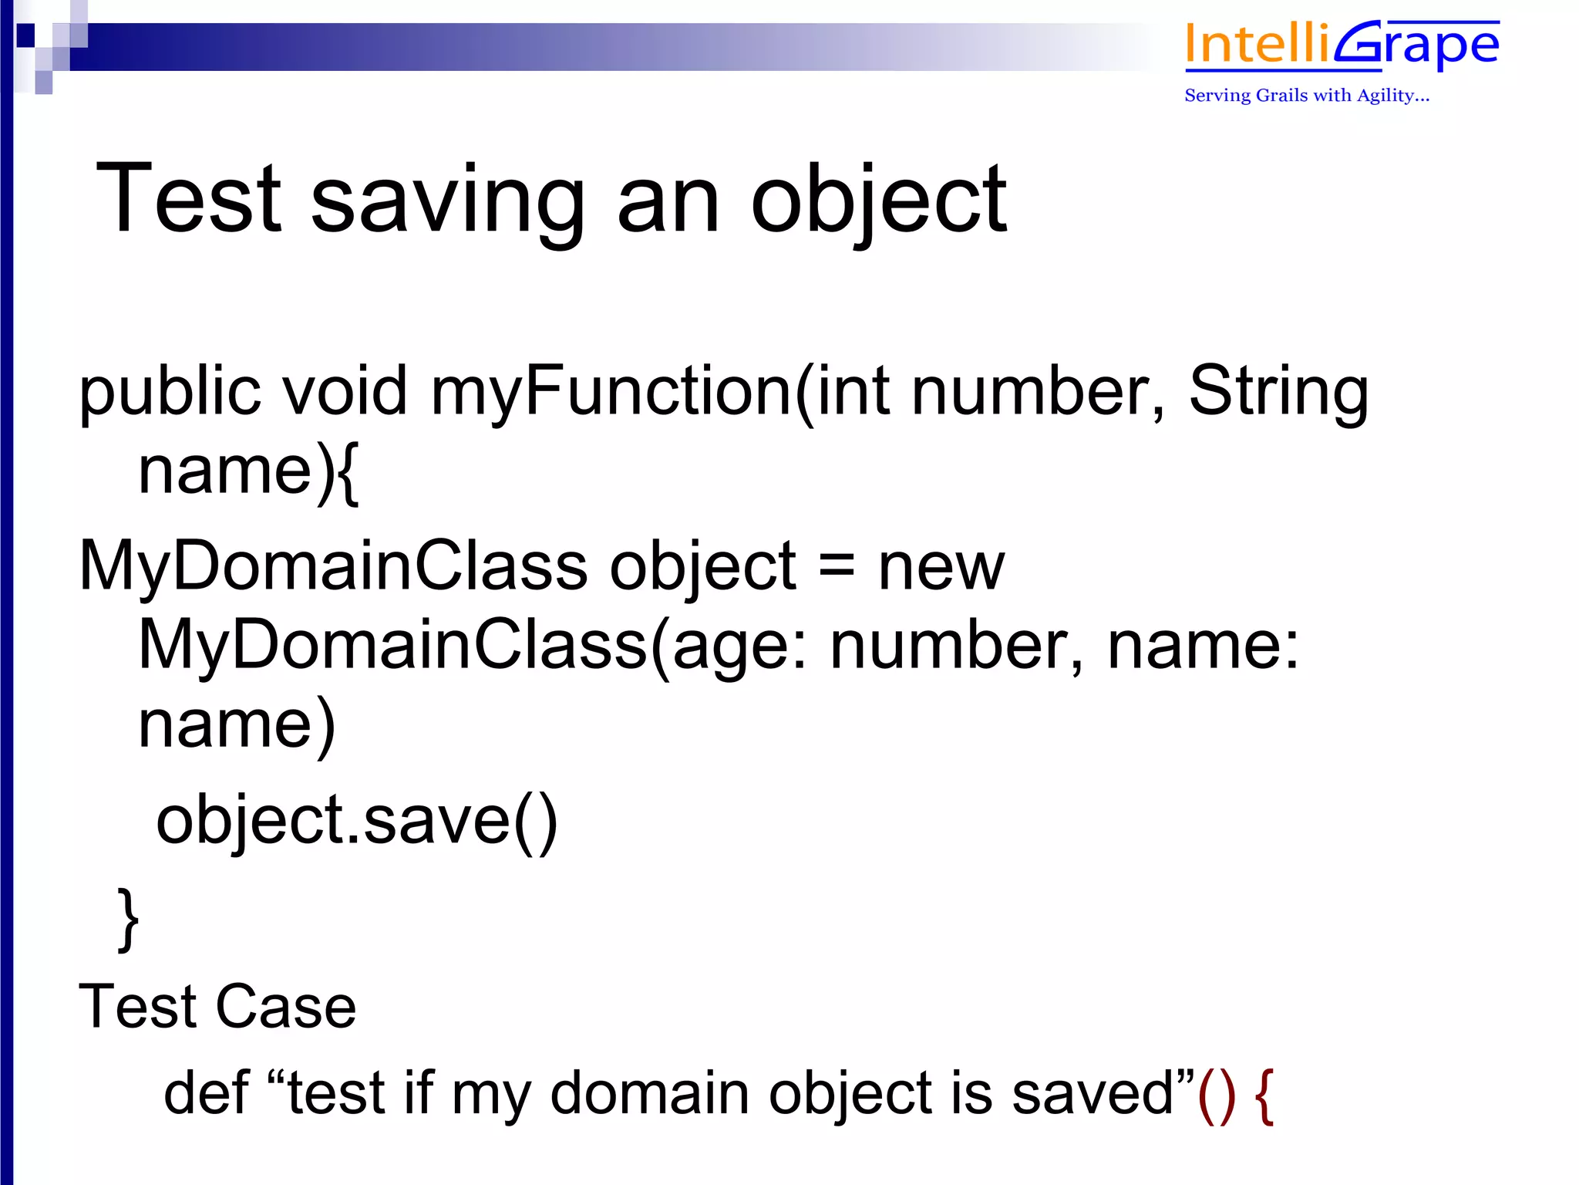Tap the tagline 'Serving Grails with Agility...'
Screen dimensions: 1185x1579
(x=1307, y=96)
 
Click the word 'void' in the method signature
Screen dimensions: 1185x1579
(x=344, y=390)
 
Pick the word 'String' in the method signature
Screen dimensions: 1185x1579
(x=1278, y=390)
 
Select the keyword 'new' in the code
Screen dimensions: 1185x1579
(x=941, y=568)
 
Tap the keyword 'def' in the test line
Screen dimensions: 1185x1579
(x=207, y=1092)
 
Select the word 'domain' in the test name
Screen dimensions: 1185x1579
(x=649, y=1092)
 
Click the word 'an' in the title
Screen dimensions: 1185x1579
(x=668, y=202)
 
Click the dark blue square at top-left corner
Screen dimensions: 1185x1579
(x=25, y=35)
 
